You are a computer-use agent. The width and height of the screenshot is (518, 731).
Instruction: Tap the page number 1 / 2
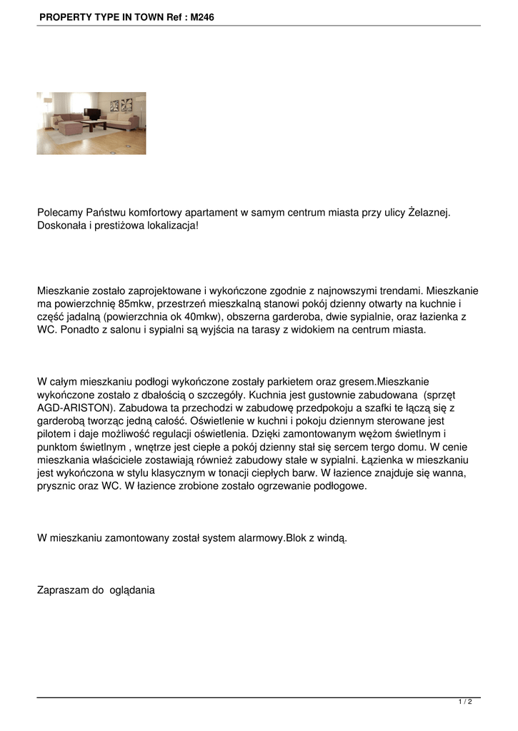(465, 702)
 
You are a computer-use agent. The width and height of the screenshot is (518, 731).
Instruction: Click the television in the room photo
(92, 113)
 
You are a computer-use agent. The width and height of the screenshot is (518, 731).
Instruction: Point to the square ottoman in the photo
(70, 128)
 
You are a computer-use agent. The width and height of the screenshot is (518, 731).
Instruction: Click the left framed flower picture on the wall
(116, 104)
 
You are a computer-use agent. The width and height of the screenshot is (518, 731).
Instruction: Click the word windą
(331, 538)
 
